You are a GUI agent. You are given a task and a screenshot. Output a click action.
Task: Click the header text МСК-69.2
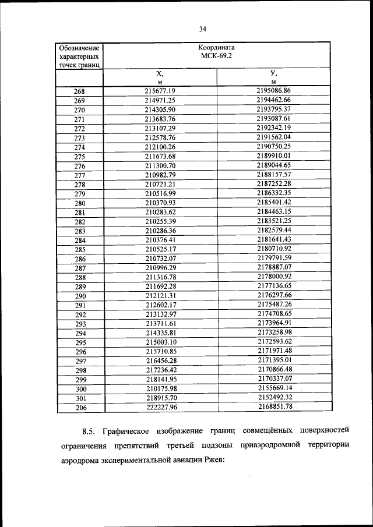pos(216,57)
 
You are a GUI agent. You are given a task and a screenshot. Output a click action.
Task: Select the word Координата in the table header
pos(216,48)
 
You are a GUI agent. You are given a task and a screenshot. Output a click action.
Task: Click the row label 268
pos(80,91)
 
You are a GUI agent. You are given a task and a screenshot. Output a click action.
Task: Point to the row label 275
pos(80,157)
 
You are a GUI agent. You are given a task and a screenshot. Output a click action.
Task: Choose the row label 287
pos(80,268)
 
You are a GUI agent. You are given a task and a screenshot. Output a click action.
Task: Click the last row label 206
pos(80,408)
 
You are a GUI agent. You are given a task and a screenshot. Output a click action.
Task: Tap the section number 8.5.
pos(89,431)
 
